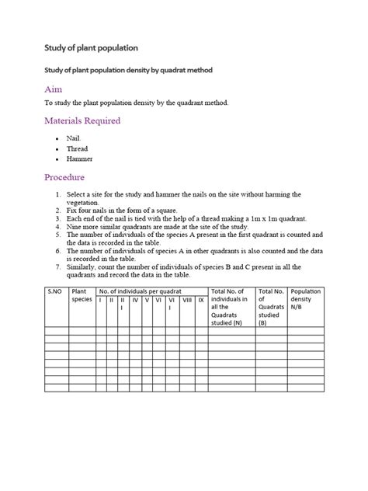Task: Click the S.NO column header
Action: [54, 291]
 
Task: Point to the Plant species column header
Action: [82, 295]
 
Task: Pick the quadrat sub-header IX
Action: [201, 299]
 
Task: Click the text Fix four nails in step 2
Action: [87, 210]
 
